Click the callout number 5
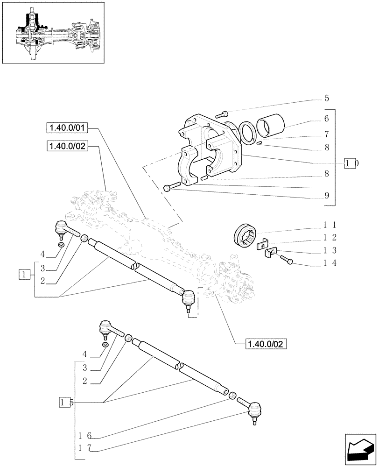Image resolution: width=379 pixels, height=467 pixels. (327, 99)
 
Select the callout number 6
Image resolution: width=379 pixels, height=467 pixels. (327, 119)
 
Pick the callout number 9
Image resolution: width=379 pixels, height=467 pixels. (327, 196)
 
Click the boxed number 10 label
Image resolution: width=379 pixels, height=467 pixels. (351, 163)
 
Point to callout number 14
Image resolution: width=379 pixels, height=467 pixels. (330, 263)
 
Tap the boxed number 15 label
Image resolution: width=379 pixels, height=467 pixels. (66, 402)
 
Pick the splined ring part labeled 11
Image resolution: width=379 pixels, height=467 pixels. (245, 233)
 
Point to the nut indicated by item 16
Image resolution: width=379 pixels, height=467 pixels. (231, 396)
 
